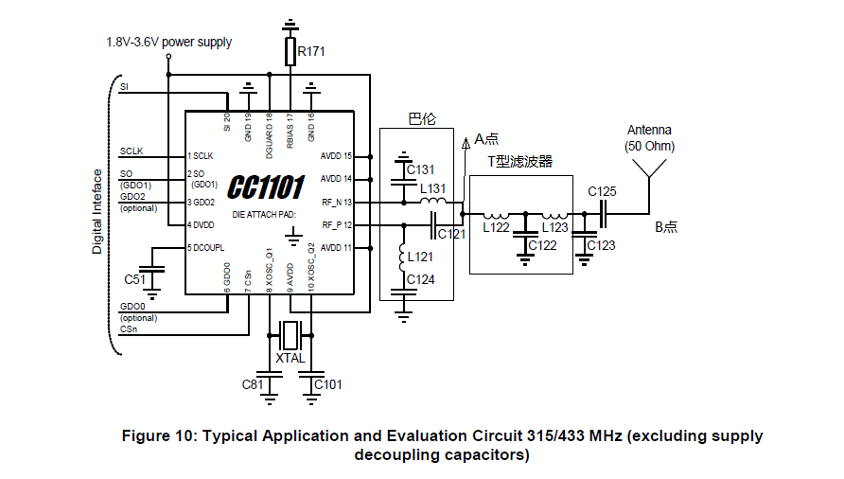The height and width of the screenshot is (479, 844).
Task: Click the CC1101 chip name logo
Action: click(x=266, y=187)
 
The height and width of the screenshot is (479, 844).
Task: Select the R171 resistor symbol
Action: click(x=290, y=51)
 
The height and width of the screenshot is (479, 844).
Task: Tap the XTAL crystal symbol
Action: click(x=290, y=335)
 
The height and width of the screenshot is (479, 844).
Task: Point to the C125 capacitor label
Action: click(x=602, y=192)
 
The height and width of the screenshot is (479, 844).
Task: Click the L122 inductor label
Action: click(x=496, y=228)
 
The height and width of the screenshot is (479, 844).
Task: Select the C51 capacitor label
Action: click(x=134, y=279)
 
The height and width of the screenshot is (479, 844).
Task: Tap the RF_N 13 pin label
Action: click(x=337, y=203)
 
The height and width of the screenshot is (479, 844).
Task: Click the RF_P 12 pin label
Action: click(x=337, y=225)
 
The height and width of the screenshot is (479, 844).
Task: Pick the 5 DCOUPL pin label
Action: click(x=205, y=248)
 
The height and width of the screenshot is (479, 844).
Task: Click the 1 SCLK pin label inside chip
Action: click(x=201, y=156)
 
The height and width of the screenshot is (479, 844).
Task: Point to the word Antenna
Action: click(x=649, y=131)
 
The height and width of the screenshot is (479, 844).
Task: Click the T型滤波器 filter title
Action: click(x=520, y=162)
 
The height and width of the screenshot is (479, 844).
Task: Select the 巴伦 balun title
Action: click(x=422, y=119)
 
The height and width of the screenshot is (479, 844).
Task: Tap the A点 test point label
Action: click(x=486, y=139)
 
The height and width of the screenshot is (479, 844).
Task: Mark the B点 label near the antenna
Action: click(x=666, y=227)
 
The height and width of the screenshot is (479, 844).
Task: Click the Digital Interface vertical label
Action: click(x=97, y=212)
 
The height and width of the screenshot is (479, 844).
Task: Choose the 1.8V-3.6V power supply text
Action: click(x=169, y=43)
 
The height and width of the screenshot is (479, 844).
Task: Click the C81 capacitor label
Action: click(x=253, y=384)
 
